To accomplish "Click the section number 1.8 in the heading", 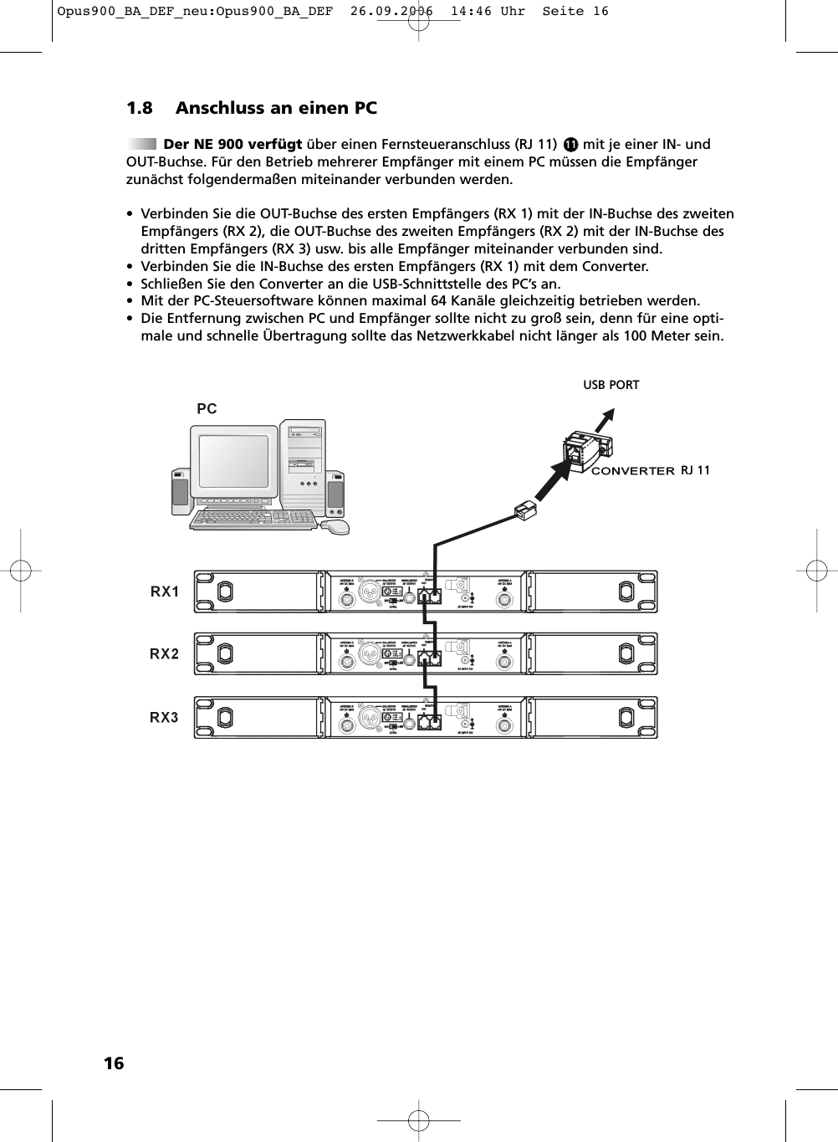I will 140,109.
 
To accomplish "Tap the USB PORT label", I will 611,385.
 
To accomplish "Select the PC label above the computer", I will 207,409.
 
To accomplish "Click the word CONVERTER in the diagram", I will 632,471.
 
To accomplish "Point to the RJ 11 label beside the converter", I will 695,470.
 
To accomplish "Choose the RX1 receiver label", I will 165,591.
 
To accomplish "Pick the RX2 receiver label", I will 165,654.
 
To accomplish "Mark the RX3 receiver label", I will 165,717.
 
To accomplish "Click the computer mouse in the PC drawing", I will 335,527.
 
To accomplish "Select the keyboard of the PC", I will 254,520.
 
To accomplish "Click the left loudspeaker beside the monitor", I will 180,491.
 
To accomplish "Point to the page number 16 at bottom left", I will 113,1063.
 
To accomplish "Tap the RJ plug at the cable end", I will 524,510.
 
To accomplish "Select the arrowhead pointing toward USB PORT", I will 610,413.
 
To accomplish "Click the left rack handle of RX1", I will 225,591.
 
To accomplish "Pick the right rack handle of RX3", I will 626,717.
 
